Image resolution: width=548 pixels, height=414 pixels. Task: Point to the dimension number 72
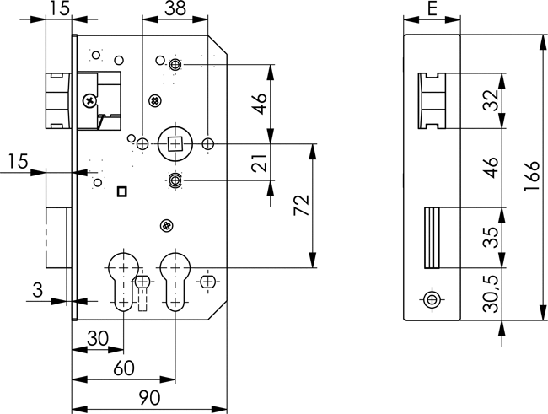(x=302, y=207)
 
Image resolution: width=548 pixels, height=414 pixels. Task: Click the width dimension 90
(x=148, y=396)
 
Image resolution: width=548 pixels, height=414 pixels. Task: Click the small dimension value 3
(x=35, y=291)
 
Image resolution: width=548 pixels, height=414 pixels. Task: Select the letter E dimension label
(x=432, y=11)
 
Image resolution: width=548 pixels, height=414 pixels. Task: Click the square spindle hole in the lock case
(x=175, y=144)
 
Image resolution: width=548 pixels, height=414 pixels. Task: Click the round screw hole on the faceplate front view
(x=432, y=299)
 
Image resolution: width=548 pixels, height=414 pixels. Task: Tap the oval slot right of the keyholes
(x=207, y=279)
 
